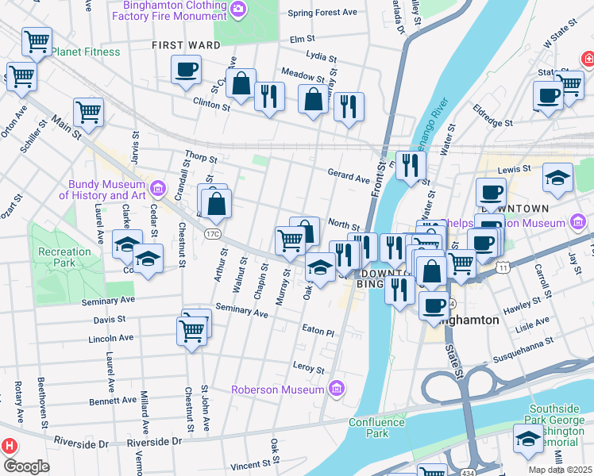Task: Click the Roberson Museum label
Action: [277, 390]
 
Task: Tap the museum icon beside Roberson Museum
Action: [337, 389]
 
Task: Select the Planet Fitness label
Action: [86, 52]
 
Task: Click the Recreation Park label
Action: [64, 257]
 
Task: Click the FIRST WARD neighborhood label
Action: [186, 45]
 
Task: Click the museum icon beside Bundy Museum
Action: [158, 189]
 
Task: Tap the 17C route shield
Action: [211, 234]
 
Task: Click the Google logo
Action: [26, 466]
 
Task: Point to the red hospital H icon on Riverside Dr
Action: [10, 446]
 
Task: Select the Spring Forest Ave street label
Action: [323, 13]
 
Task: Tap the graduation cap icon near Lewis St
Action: [558, 178]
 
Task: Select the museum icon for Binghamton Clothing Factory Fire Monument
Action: [237, 10]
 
